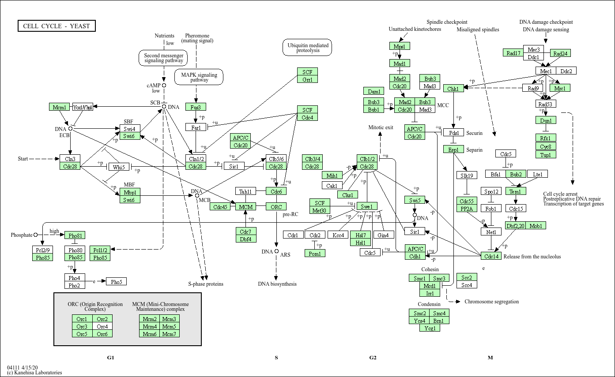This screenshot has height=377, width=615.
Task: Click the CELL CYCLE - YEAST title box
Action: pos(57,26)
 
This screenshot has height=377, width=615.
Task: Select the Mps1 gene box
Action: pos(400,46)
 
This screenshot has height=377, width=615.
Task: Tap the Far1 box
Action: pos(196,127)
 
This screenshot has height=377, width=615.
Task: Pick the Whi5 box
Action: pos(118,167)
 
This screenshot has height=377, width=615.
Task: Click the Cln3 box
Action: pos(70,159)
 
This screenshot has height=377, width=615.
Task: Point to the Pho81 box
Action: pos(75,235)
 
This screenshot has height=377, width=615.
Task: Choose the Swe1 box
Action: pos(367,206)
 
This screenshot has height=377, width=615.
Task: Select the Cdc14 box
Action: pos(491,256)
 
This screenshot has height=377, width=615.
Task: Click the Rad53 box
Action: pos(546,104)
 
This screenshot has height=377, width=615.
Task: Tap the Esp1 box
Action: pos(453,149)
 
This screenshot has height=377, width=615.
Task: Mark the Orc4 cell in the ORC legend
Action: pos(102,326)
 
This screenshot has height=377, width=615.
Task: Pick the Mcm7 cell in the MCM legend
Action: pos(169,334)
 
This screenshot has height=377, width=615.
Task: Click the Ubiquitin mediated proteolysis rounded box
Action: pos(308,48)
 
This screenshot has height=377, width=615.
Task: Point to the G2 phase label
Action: pos(373,358)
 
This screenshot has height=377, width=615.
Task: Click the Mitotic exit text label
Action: pos(381,127)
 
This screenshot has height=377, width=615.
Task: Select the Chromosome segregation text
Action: pos(491,302)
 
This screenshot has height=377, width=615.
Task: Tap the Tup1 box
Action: pos(546,154)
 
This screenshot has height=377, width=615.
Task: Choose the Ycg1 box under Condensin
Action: pos(430,328)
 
